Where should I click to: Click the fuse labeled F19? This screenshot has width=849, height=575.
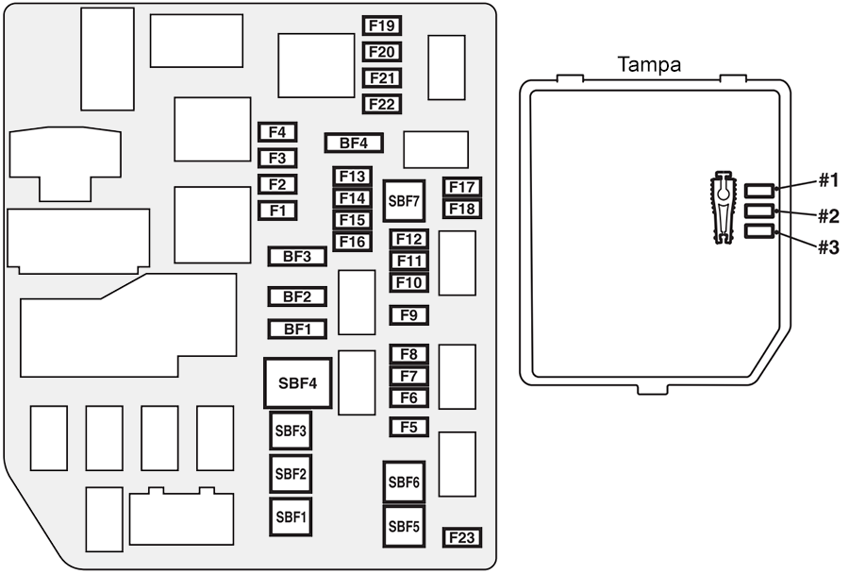(382, 25)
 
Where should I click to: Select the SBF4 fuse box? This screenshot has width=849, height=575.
(297, 383)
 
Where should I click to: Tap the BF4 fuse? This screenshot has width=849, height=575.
(354, 144)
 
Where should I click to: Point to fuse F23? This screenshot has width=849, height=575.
(462, 538)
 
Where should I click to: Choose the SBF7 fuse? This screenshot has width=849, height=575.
(404, 201)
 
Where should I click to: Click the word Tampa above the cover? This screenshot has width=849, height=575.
(649, 65)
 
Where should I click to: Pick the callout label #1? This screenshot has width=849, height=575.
(827, 180)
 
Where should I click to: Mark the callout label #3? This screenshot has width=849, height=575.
(827, 248)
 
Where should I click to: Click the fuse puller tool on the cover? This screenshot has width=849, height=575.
(723, 209)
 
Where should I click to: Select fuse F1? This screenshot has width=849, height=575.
(277, 211)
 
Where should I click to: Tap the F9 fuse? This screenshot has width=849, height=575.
(409, 315)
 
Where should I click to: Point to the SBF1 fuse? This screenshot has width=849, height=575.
(291, 516)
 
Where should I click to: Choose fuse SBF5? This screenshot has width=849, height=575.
(404, 526)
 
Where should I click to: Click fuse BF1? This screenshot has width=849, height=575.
(297, 330)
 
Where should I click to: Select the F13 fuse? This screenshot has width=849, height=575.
(353, 177)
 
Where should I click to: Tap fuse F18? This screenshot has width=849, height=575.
(462, 209)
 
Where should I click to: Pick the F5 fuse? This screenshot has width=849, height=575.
(409, 427)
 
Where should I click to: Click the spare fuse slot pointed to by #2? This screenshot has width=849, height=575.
(759, 211)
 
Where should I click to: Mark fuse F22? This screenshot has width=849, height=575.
(382, 104)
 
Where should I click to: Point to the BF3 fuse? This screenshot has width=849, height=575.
(297, 256)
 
